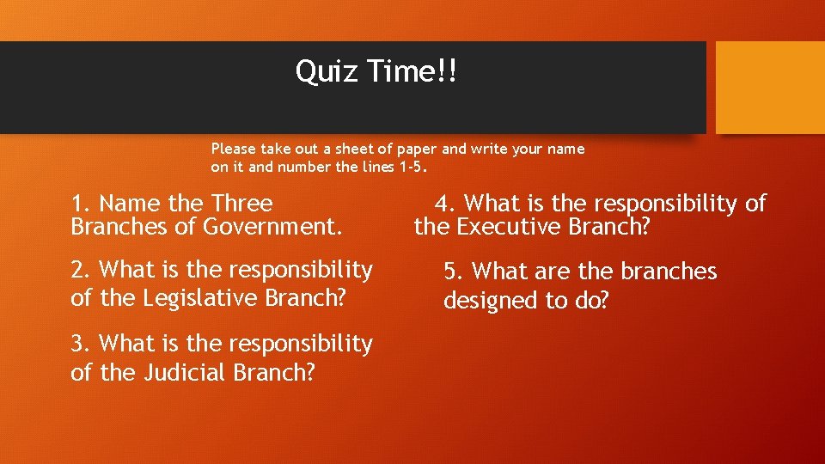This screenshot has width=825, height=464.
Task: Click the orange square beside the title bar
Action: click(x=770, y=88)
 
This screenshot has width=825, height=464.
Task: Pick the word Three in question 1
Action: click(x=241, y=204)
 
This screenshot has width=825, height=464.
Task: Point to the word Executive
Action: click(x=509, y=228)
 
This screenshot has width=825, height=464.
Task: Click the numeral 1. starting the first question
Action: click(x=82, y=204)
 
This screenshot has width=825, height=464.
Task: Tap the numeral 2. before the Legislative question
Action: click(x=82, y=270)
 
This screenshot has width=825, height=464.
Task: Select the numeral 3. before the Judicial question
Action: click(x=82, y=344)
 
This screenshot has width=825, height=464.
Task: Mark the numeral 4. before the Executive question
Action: click(x=446, y=204)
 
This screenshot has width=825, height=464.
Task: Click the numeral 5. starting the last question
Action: click(x=454, y=272)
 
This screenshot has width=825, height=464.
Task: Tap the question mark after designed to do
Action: click(x=602, y=301)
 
